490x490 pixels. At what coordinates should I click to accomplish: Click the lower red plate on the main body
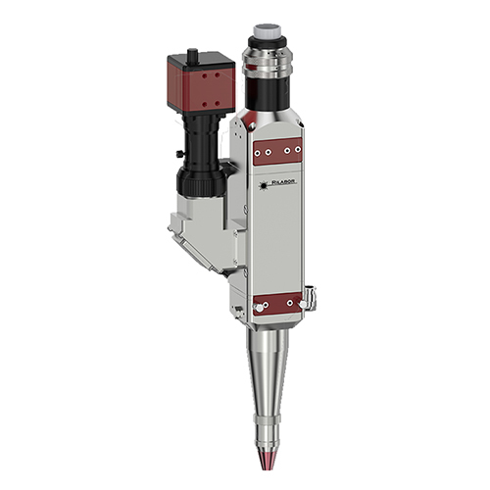click(x=279, y=307)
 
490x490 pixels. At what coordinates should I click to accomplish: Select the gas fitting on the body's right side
click(x=311, y=293)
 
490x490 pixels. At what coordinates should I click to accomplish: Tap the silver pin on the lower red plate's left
click(x=257, y=309)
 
